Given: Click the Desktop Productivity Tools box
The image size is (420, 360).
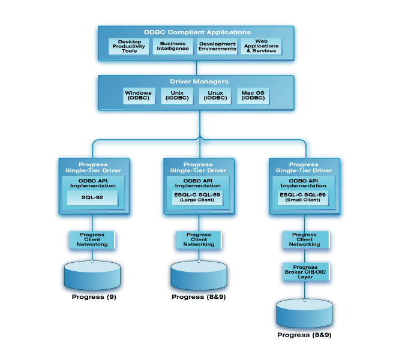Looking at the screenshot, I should coord(129,47).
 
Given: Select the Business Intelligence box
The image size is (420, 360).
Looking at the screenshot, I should coord(173,47).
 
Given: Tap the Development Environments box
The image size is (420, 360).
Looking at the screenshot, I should coord(217,47).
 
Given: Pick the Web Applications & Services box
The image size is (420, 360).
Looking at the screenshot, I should coord(261,47).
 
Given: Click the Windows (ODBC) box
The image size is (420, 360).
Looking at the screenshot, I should coord(139,96).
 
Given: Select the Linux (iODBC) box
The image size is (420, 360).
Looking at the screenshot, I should coord(215,96).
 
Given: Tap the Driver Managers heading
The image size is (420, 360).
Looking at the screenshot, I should coord(197,81).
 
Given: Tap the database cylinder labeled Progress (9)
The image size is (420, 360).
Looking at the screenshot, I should coord(92,275).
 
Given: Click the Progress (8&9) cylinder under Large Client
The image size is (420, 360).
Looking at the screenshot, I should coord(199,275).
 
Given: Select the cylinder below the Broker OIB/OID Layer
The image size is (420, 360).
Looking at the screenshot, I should coord(304,314).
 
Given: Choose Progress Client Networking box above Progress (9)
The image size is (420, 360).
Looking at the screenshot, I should coord(92,240).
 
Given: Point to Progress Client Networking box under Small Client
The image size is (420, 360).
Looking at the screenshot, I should coord(305,239).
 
